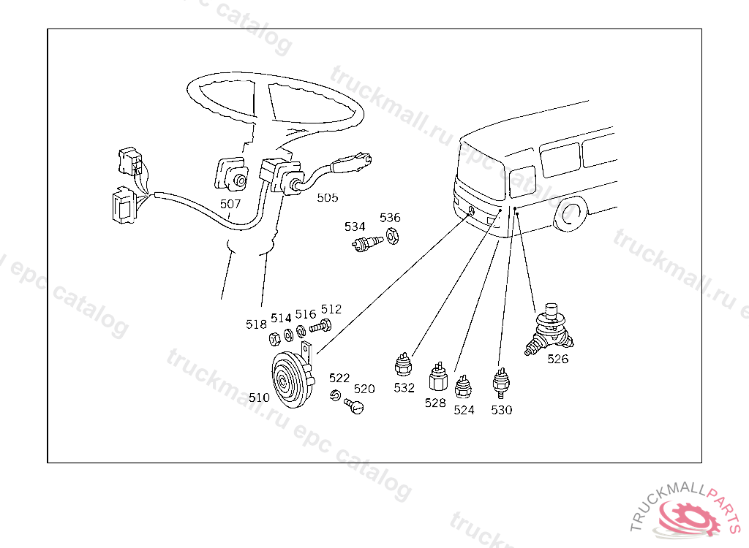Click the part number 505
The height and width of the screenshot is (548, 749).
click(x=327, y=197)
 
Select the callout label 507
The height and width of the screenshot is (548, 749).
click(x=230, y=205)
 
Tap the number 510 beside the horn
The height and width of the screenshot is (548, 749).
click(x=259, y=398)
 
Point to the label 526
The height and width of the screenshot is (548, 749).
click(x=558, y=359)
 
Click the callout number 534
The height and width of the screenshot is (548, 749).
click(x=355, y=227)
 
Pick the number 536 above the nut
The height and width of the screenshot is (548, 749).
click(x=390, y=218)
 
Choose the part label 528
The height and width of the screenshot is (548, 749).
click(x=435, y=403)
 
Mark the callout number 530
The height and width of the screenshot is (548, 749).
click(x=502, y=410)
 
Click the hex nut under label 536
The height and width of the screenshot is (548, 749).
click(x=391, y=236)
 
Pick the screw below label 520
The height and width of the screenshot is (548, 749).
click(x=354, y=406)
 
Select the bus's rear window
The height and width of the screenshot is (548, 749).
click(x=522, y=183)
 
